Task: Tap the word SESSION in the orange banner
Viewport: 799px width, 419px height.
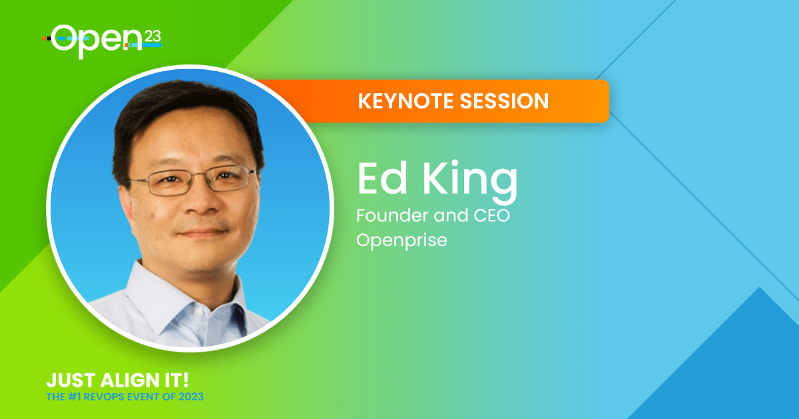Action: [504, 101]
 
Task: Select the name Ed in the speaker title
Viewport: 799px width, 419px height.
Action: [382, 178]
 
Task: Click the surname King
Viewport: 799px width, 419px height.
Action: [470, 182]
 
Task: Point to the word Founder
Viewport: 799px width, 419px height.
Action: [392, 215]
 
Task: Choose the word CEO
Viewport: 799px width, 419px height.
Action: [491, 215]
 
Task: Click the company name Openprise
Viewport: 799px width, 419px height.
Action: [401, 240]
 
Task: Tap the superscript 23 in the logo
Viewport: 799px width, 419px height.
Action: [152, 37]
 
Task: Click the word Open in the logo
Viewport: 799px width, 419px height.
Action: [97, 41]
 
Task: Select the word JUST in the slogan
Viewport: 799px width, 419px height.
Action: [71, 380]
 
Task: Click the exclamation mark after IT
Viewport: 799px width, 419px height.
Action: [185, 380]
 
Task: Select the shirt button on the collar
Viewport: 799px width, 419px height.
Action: [198, 312]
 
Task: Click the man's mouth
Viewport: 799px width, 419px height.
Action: [203, 233]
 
